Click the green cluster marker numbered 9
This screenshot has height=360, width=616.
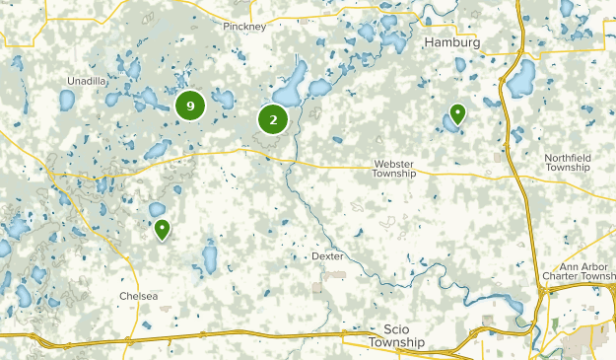pyautogui.click(x=190, y=106)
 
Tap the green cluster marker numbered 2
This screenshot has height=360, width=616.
pyautogui.click(x=273, y=120)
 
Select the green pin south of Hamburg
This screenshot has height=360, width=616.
pyautogui.click(x=457, y=114)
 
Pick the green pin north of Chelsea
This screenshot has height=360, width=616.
pyautogui.click(x=162, y=230)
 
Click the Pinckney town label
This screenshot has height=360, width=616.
pyautogui.click(x=244, y=27)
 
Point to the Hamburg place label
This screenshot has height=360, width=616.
pyautogui.click(x=451, y=44)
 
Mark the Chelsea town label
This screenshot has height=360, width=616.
pyautogui.click(x=138, y=295)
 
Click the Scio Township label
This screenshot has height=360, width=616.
pyautogui.click(x=395, y=336)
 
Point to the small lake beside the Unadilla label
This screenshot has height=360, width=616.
pyautogui.click(x=66, y=100)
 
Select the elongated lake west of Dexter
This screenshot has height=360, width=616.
pyautogui.click(x=209, y=257)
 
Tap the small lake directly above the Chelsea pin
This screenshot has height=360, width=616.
pyautogui.click(x=157, y=209)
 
